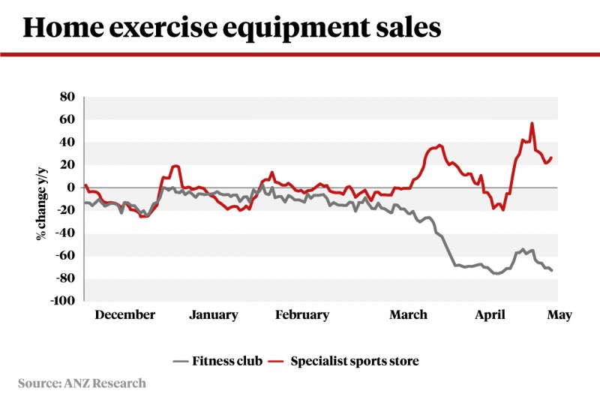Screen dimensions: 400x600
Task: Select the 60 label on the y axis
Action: pos(67,119)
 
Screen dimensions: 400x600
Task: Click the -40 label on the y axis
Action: pos(65,233)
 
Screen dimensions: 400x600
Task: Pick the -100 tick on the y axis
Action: pos(62,301)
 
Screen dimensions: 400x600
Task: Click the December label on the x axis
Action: pos(124,315)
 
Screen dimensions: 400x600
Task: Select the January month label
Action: pos(213,315)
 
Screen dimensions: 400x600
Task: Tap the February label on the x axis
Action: pos(301,315)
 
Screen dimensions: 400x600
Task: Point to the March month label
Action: pos(408,315)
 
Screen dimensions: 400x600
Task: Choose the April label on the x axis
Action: pos(491,315)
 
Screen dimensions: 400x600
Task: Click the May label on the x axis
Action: pos(559,315)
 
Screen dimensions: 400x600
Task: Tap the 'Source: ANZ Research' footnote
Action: pos(82,383)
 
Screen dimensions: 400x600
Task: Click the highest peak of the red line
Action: pos(532,123)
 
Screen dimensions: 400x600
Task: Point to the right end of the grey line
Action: pos(553,271)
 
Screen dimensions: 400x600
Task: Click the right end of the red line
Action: pos(552,158)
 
